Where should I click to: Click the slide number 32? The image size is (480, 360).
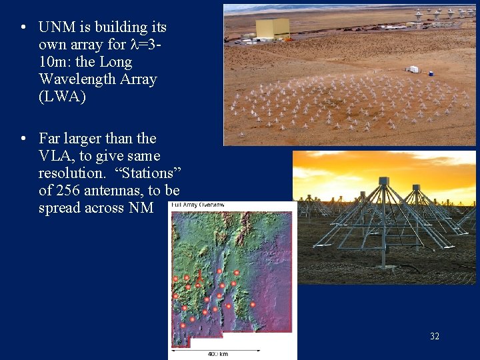435,336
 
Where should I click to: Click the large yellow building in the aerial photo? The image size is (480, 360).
273,28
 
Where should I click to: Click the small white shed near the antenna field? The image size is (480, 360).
412,69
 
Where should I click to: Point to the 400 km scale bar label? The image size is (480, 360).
217,354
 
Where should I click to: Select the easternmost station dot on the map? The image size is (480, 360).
253,305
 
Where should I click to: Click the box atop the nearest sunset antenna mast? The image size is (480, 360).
383,181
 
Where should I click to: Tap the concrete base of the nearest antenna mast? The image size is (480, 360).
382,274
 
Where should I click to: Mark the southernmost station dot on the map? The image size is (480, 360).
183,325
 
